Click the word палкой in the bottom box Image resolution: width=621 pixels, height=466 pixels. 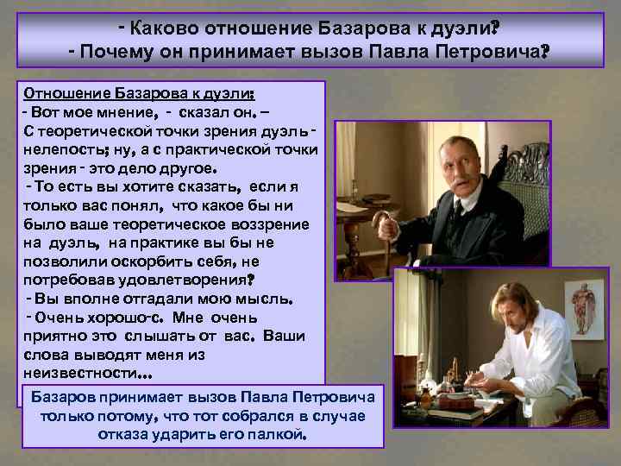278,435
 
